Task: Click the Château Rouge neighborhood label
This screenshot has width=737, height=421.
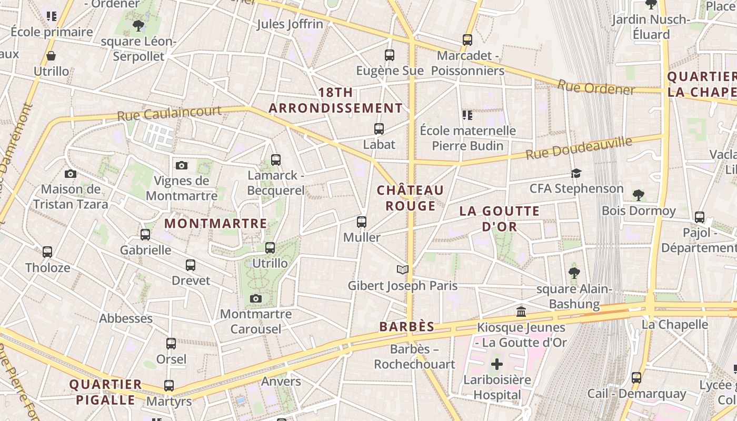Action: click(x=411, y=198)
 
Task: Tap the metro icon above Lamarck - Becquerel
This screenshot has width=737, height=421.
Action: click(x=276, y=160)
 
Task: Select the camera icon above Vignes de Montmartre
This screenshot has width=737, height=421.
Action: click(x=182, y=166)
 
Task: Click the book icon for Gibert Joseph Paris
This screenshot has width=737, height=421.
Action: click(x=403, y=270)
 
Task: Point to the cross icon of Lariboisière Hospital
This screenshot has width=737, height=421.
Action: click(x=497, y=364)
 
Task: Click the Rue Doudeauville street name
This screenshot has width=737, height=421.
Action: click(x=579, y=147)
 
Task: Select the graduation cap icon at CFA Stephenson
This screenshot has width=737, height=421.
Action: click(x=576, y=173)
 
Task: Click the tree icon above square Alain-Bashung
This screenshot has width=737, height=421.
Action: click(x=574, y=273)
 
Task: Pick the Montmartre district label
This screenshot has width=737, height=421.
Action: click(x=216, y=223)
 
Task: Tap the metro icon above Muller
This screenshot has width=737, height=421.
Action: click(x=362, y=222)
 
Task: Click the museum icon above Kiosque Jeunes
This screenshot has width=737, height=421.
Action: click(x=521, y=312)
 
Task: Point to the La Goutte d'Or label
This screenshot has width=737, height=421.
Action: click(x=500, y=219)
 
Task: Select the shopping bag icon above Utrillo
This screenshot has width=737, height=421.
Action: click(x=51, y=56)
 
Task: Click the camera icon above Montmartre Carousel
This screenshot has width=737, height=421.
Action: click(x=256, y=299)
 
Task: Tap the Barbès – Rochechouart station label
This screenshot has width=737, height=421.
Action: click(x=414, y=356)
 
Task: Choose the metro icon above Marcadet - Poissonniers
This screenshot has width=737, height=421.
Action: click(x=467, y=40)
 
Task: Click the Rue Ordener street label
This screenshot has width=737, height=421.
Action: click(x=596, y=87)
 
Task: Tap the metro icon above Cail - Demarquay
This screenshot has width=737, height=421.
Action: click(x=636, y=378)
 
